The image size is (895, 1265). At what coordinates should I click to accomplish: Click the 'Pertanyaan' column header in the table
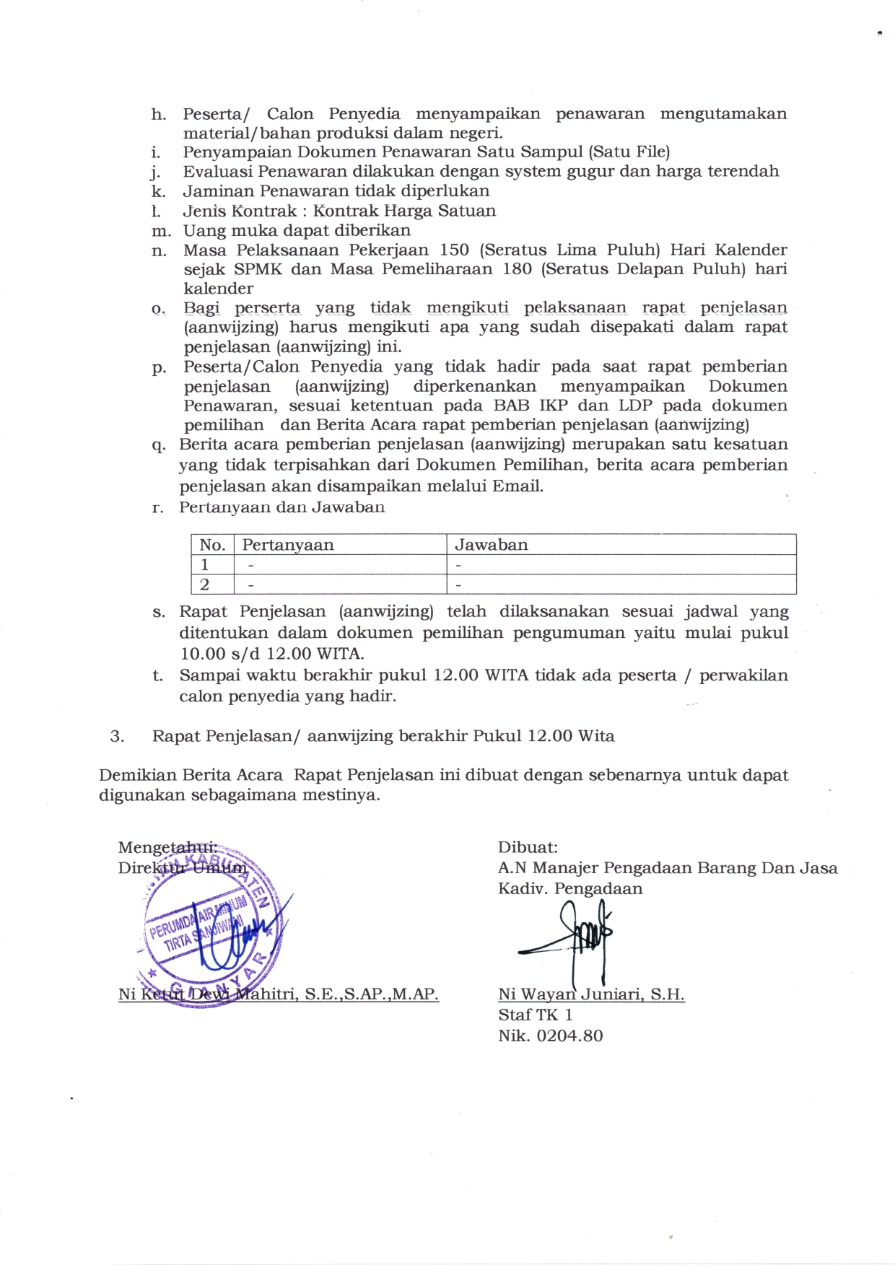[x=287, y=545]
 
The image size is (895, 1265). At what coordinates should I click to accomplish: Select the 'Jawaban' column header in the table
[x=491, y=545]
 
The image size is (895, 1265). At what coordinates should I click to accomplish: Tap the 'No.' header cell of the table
[x=212, y=545]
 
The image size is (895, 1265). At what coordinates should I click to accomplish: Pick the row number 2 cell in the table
[x=205, y=584]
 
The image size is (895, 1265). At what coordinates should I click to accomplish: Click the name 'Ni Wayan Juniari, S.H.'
[x=591, y=994]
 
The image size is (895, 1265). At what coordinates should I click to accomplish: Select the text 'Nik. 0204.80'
[x=550, y=1036]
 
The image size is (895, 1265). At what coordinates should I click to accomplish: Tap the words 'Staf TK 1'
[x=535, y=1015]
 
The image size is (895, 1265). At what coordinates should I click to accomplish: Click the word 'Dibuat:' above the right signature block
[x=528, y=847]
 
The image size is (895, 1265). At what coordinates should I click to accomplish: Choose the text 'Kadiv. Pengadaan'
[x=570, y=888]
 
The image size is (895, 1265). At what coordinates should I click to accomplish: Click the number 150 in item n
[x=455, y=250]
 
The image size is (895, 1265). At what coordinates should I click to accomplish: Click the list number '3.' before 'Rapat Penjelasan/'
[x=118, y=736]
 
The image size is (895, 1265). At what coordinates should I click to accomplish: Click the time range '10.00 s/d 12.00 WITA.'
[x=272, y=655]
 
